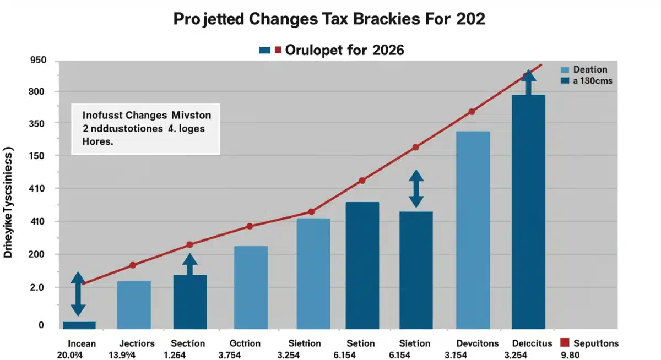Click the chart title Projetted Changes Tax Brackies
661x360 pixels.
click(329, 18)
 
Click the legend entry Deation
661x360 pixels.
click(590, 69)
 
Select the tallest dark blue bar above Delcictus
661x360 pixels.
click(528, 212)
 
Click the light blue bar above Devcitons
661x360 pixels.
click(473, 230)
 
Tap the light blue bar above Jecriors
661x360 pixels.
click(134, 305)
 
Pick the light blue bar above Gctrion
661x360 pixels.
click(251, 287)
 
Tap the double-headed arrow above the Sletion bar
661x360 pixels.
click(416, 188)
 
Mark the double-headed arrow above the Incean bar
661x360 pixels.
click(78, 294)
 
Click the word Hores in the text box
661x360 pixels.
click(98, 141)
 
